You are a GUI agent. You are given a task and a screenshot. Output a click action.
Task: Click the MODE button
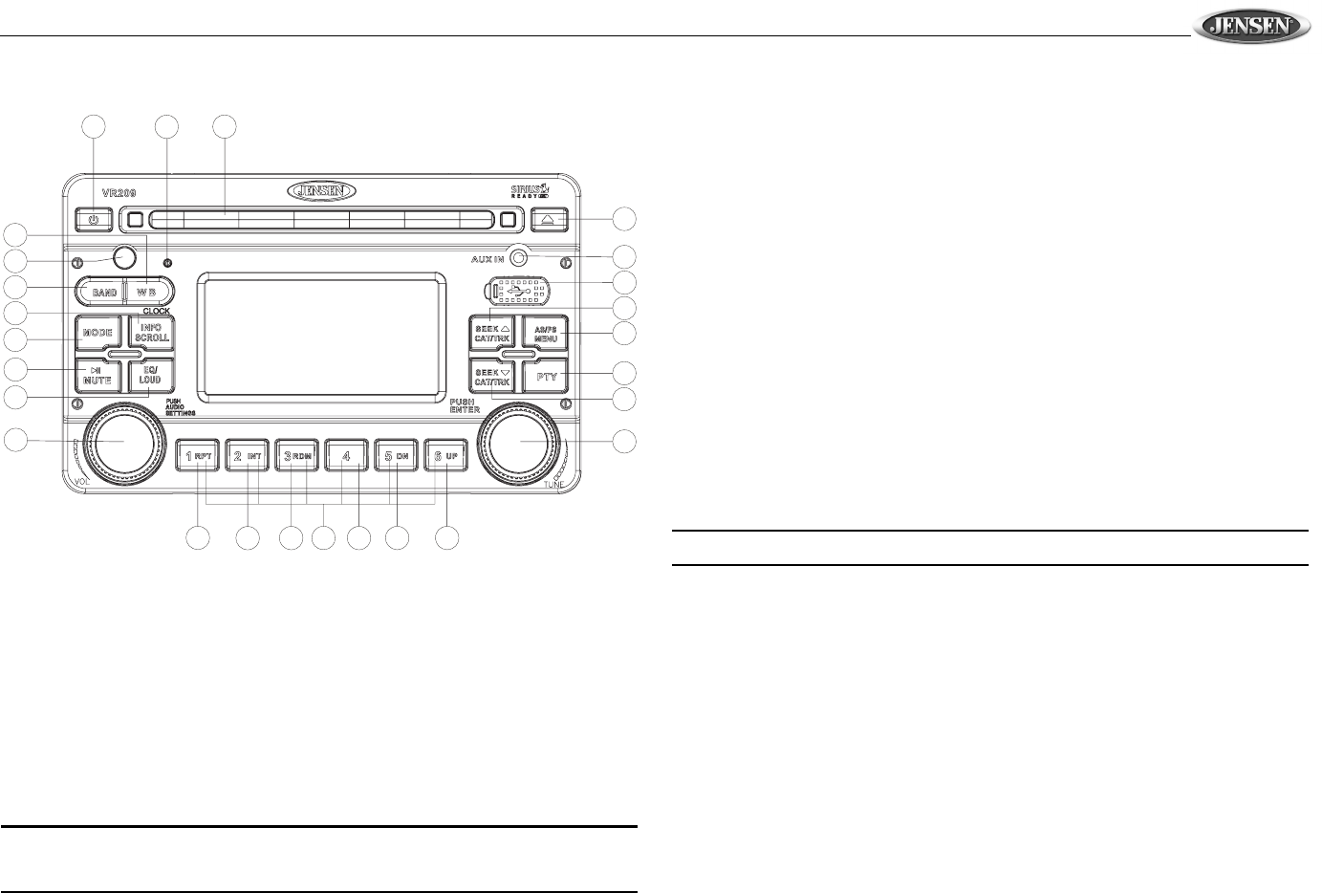click(x=98, y=333)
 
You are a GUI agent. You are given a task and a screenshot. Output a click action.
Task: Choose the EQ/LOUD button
click(x=151, y=375)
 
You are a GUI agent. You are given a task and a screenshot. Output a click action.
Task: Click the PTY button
click(x=545, y=377)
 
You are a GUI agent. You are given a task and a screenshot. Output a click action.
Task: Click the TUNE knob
click(x=523, y=441)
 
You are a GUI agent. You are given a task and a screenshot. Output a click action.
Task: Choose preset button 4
click(x=348, y=457)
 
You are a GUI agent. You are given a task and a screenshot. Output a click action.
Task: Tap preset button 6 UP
click(x=446, y=457)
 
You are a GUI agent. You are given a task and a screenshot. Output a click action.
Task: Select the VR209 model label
click(x=98, y=191)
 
